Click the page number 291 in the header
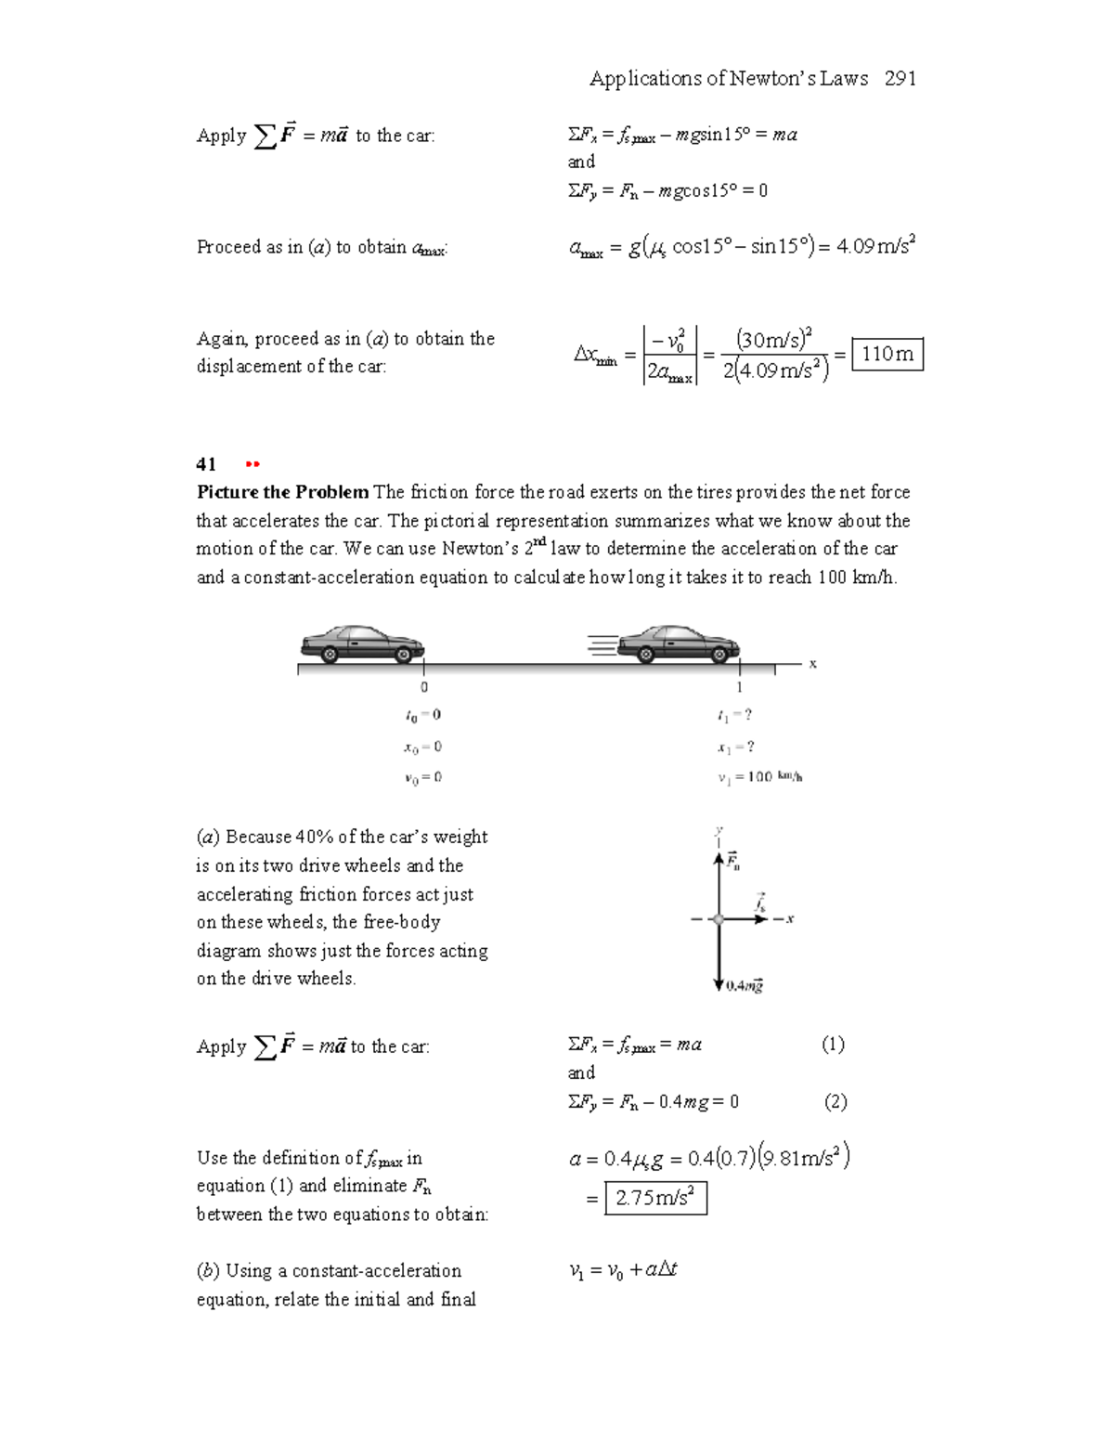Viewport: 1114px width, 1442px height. click(x=900, y=79)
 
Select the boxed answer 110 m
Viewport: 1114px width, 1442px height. click(x=887, y=354)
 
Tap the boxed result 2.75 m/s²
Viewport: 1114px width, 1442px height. click(x=655, y=1198)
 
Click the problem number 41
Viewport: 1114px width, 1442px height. click(x=206, y=464)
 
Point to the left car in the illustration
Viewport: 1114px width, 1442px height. click(x=362, y=643)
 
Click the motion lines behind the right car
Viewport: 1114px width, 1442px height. click(x=602, y=644)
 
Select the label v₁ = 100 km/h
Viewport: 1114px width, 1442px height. click(x=759, y=777)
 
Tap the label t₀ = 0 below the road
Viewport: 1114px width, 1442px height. click(x=423, y=715)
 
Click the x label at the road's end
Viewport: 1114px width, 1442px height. click(x=812, y=663)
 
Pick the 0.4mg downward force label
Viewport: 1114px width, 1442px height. click(x=745, y=985)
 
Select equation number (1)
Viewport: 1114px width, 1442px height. click(x=833, y=1045)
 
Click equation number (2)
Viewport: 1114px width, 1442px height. click(x=835, y=1102)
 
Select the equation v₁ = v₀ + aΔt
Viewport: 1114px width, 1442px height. click(x=623, y=1270)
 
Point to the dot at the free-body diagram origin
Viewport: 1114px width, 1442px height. click(x=719, y=919)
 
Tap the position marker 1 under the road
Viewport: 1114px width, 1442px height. click(x=739, y=687)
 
